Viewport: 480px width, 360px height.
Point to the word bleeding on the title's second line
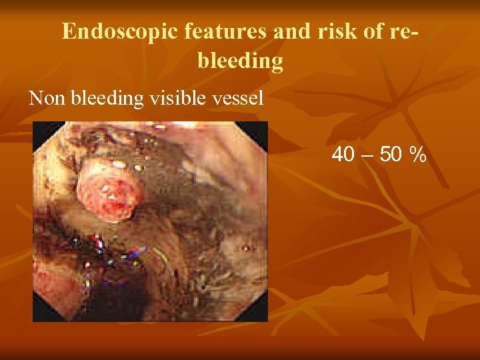[x=240, y=61]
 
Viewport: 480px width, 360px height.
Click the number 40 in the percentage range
[x=343, y=155]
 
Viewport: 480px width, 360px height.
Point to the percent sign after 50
[x=419, y=155]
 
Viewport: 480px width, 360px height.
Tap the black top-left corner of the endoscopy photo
[x=39, y=129]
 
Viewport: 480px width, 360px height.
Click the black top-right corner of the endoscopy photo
[x=261, y=128]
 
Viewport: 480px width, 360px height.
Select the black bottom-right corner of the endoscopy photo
[x=261, y=315]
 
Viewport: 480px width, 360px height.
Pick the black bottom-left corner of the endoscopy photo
[x=39, y=315]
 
